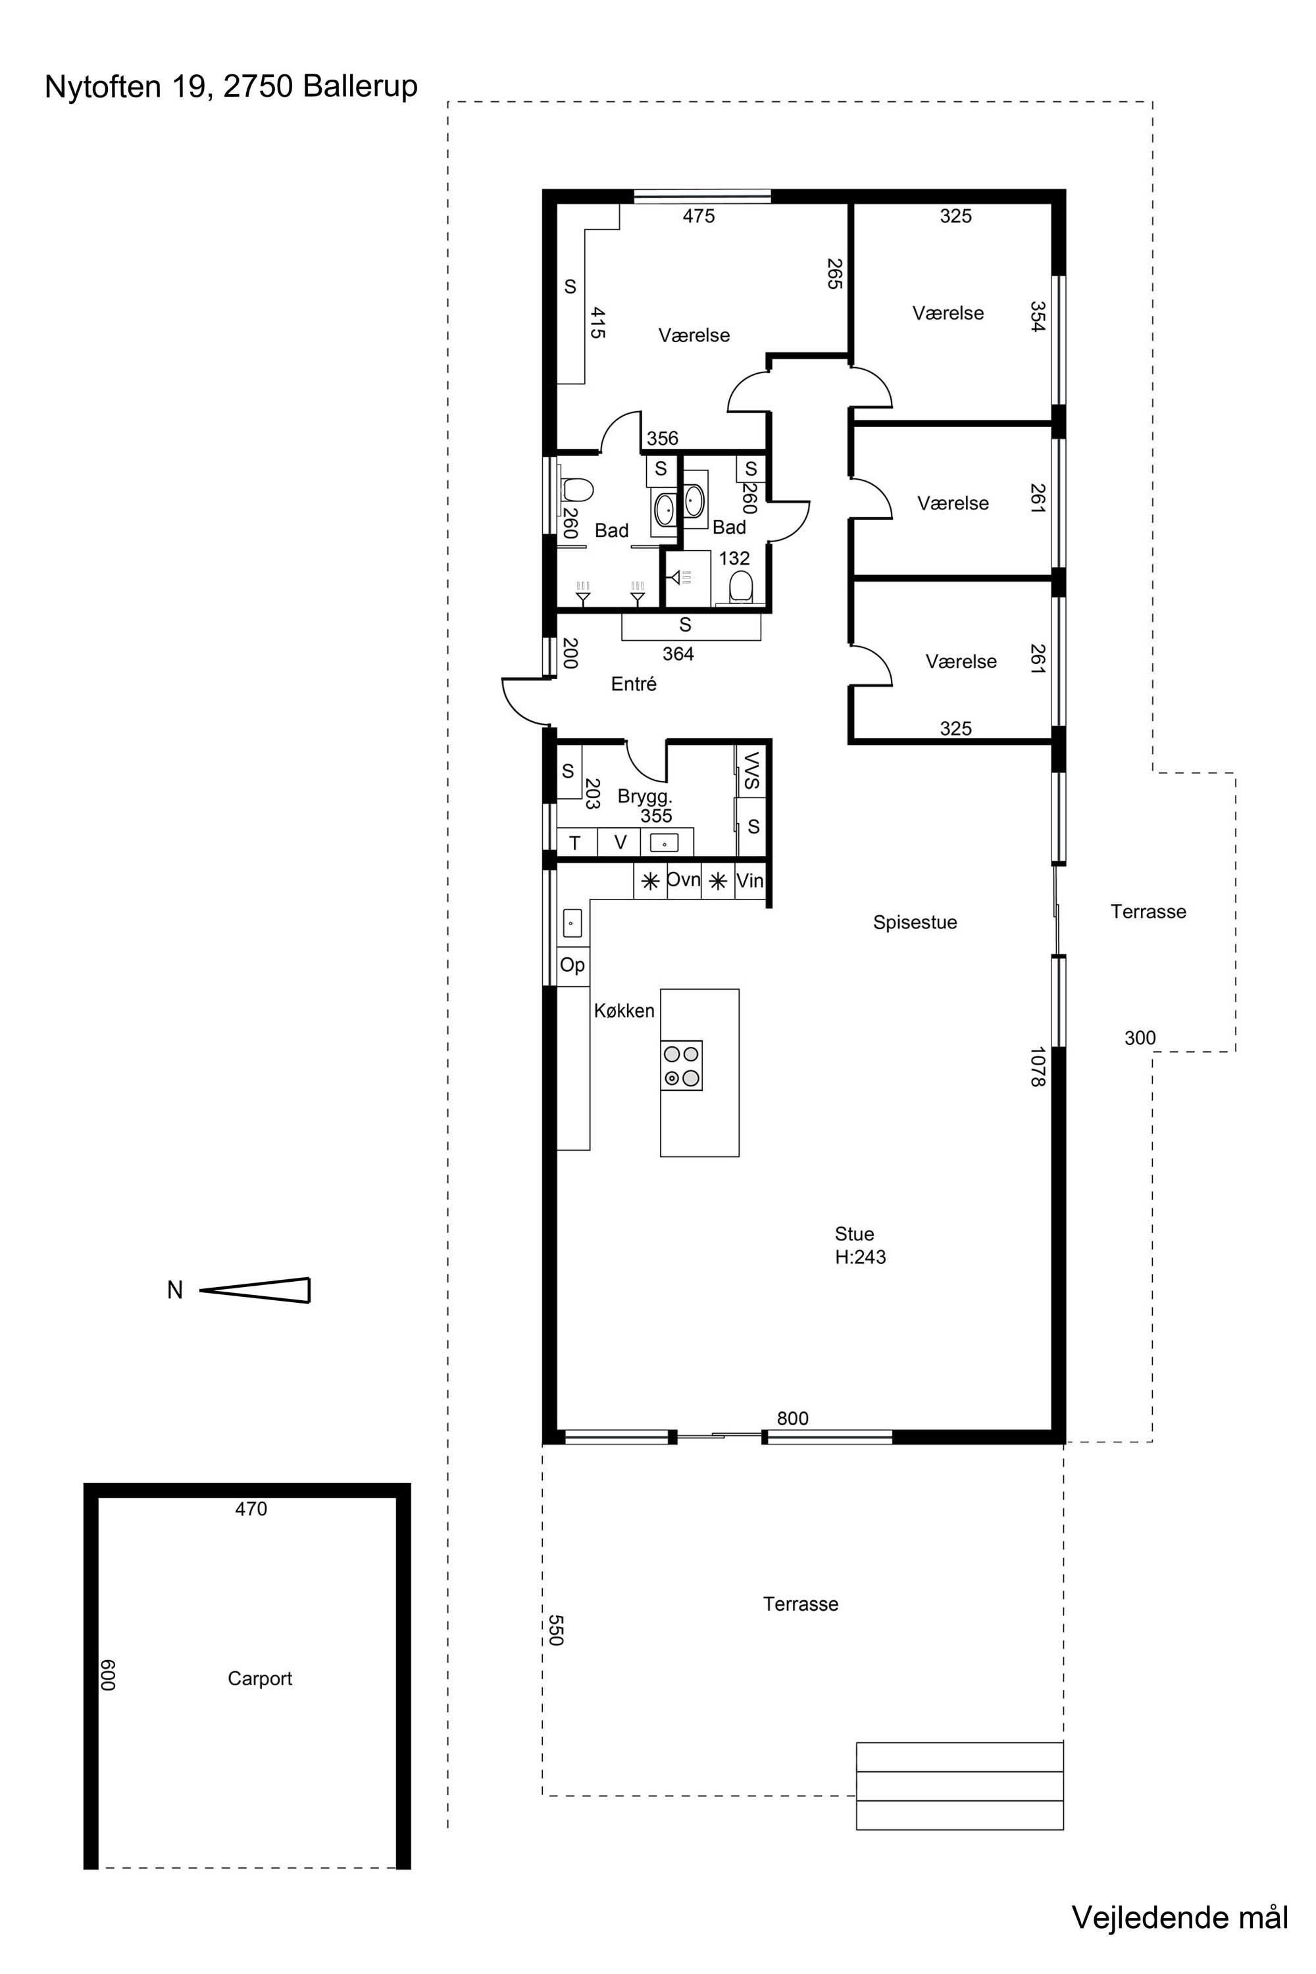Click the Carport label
[259, 1678]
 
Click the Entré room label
[634, 684]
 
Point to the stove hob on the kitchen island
[682, 1065]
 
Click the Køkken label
[624, 1011]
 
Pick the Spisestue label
[915, 923]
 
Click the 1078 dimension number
[1038, 1067]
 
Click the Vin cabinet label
[749, 881]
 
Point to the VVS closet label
[751, 771]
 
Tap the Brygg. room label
[645, 796]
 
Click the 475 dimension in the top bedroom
[698, 216]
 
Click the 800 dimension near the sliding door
[792, 1419]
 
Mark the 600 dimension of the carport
[107, 1675]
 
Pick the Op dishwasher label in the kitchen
[572, 965]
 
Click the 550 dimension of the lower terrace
[555, 1630]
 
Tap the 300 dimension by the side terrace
[1140, 1038]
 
